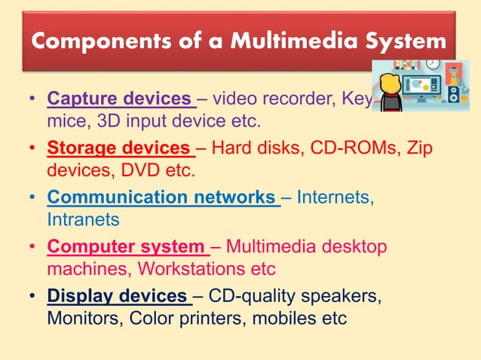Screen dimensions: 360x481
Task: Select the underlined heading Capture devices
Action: coord(119,99)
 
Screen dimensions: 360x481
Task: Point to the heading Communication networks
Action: coord(161,197)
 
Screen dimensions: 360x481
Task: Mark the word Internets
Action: coord(335,197)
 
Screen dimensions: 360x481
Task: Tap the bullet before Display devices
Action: coord(32,295)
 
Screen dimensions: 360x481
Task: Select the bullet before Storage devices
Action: coord(32,148)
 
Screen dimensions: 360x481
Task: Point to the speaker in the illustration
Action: coord(454,94)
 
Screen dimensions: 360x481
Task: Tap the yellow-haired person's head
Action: coord(389,83)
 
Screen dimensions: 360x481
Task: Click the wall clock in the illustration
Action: coord(433,64)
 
